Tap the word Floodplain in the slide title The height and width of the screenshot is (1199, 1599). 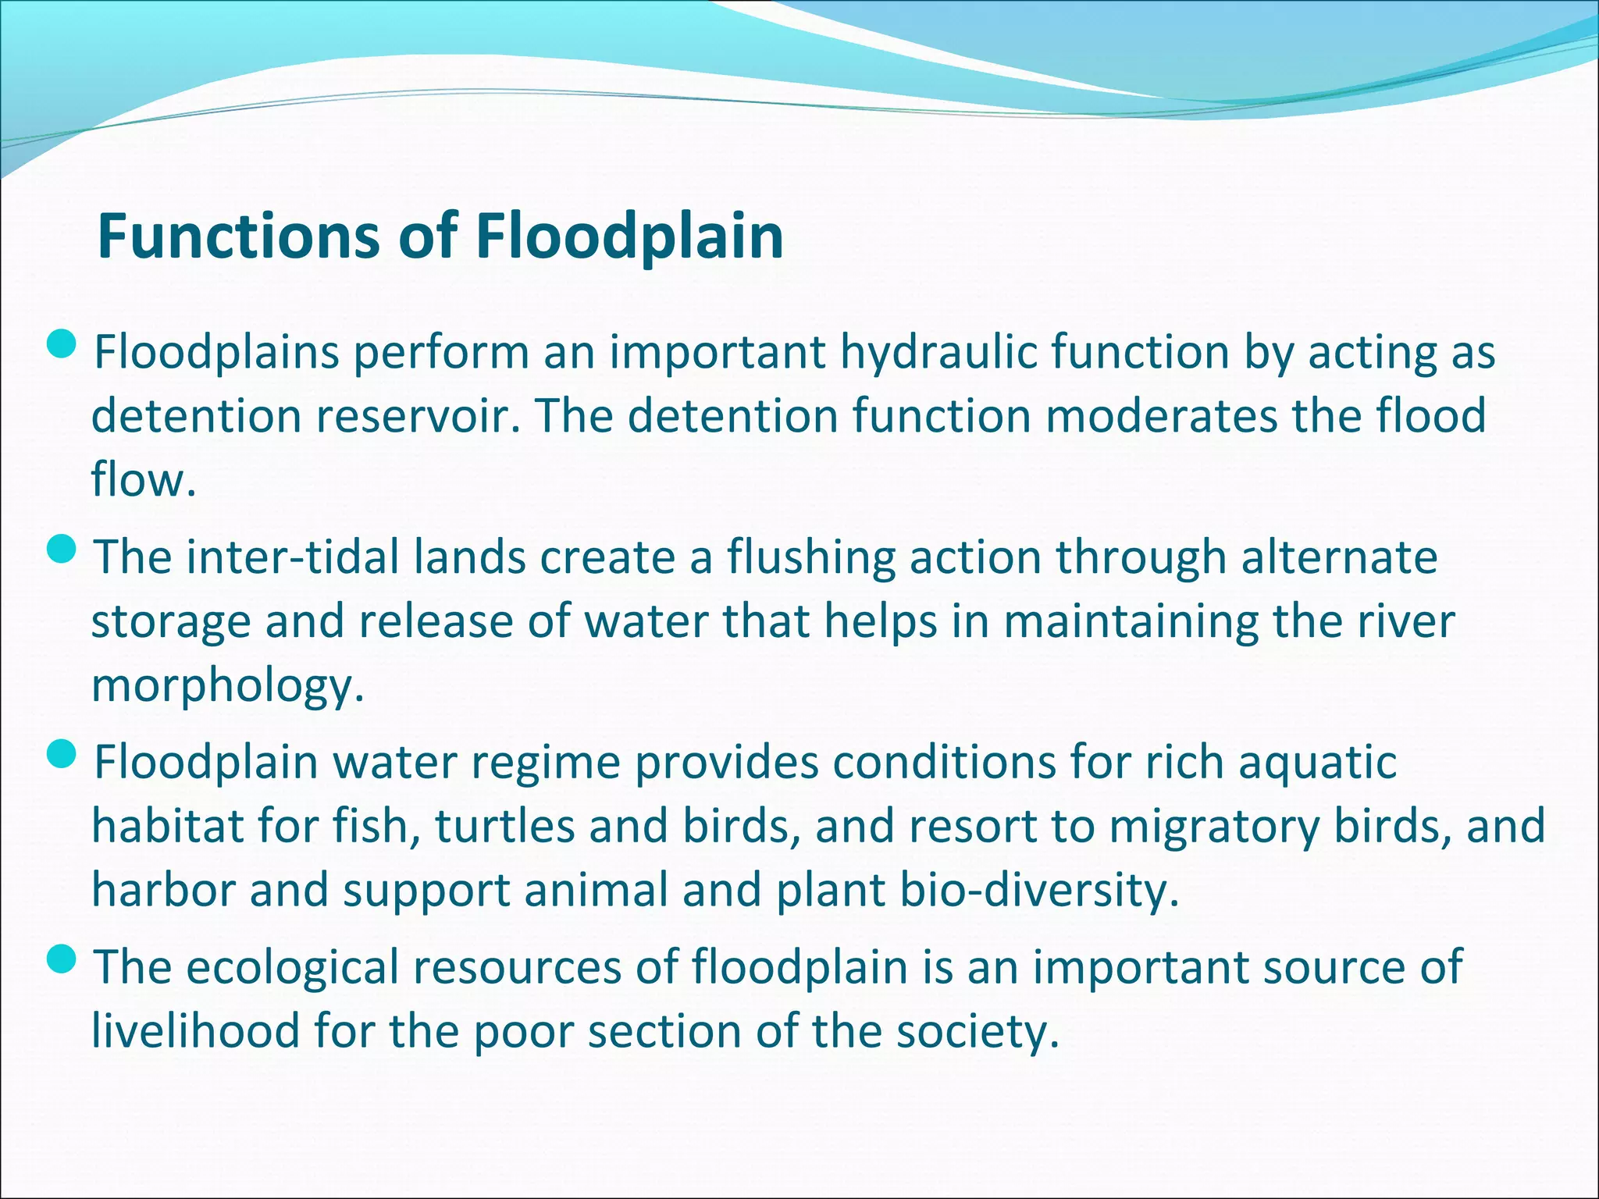(x=629, y=237)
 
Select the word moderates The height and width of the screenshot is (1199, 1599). (x=1161, y=415)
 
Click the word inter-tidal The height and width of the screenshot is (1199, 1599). (x=292, y=557)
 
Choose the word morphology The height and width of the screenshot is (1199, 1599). (x=226, y=687)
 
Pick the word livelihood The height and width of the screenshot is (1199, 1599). (x=195, y=1031)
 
